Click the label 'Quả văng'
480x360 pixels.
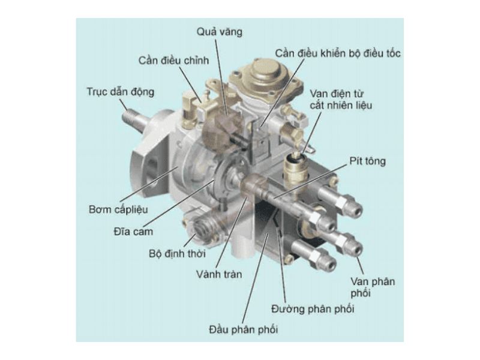[x=220, y=32]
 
